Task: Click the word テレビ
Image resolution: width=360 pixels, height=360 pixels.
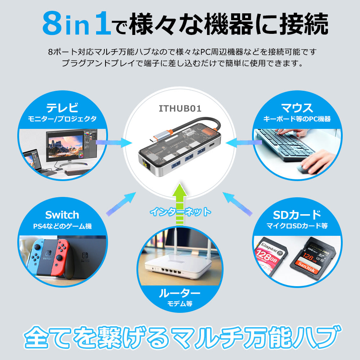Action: pos(62,108)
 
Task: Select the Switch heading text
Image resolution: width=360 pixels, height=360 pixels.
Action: pos(62,215)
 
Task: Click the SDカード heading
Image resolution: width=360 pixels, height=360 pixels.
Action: pos(297,215)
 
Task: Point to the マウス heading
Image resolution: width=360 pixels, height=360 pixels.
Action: pos(297,108)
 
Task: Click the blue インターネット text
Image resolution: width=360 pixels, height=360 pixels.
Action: pos(180,212)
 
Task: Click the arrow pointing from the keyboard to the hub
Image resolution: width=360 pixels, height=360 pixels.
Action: pos(243,143)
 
